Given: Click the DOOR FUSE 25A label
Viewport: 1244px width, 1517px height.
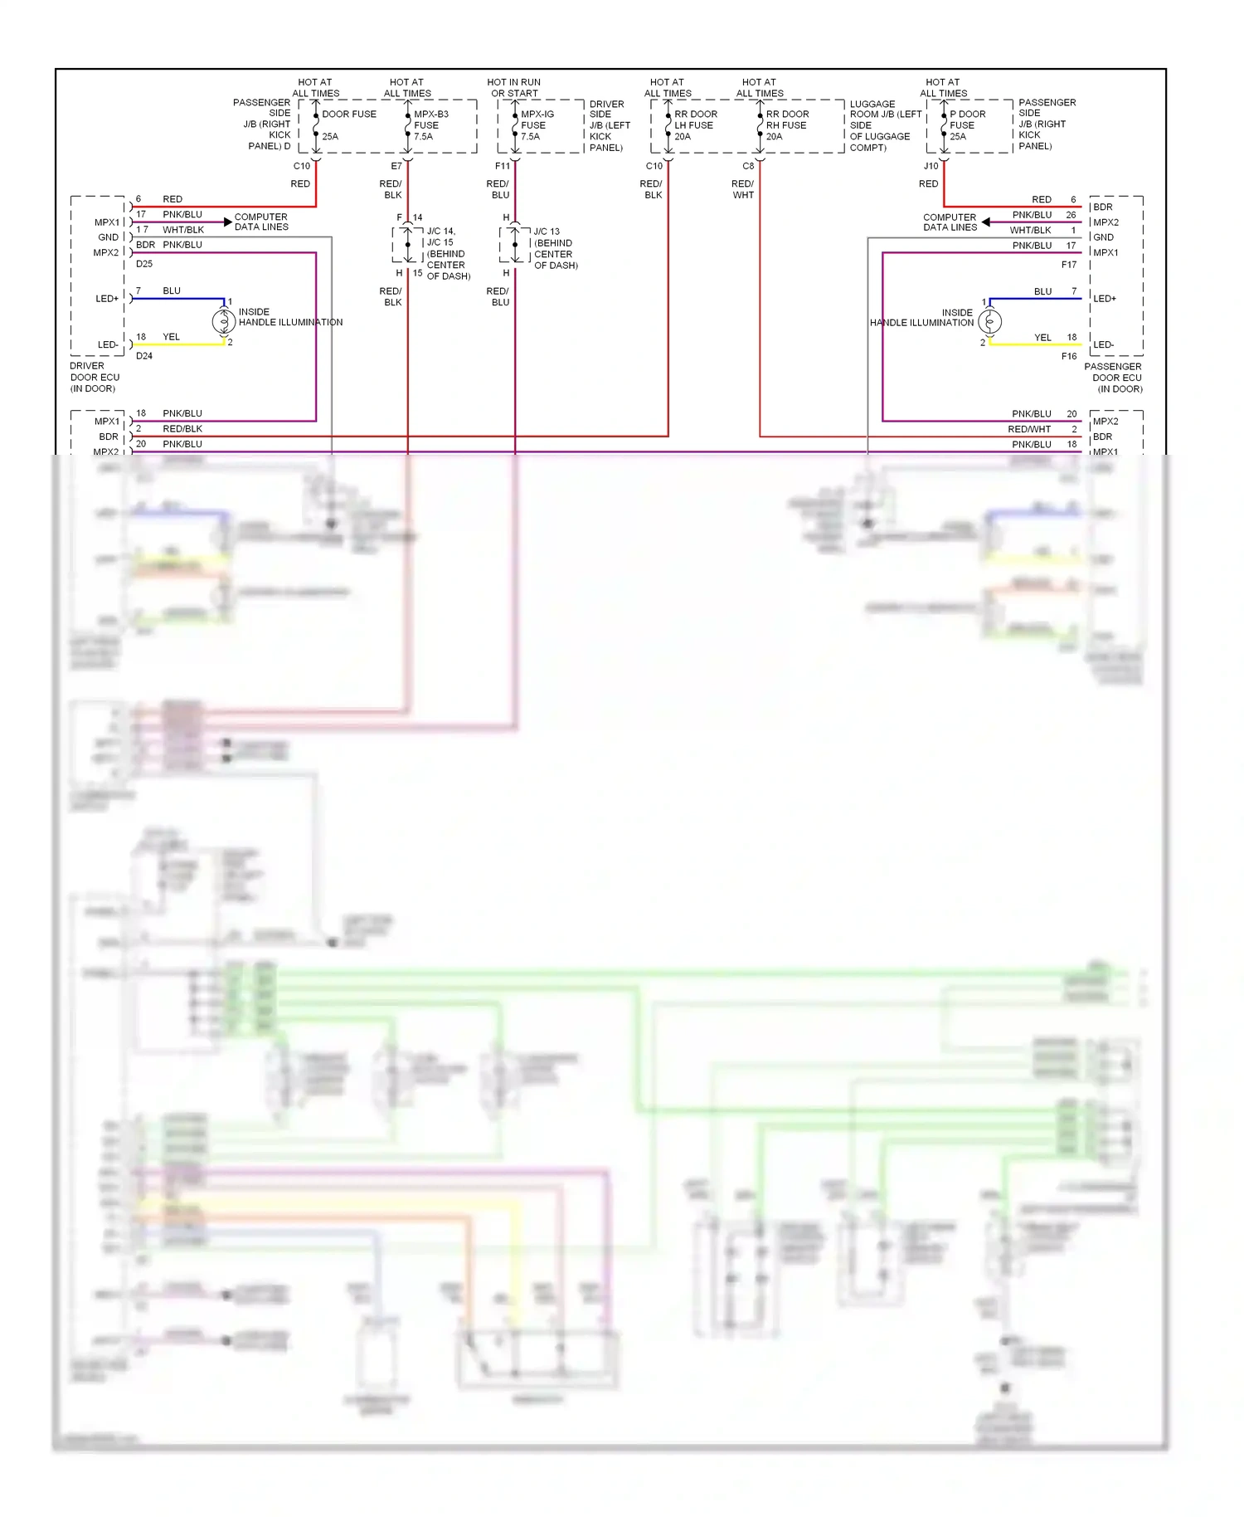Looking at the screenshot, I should (348, 124).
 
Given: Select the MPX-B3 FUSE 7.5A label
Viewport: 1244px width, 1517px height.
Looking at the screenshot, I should (430, 124).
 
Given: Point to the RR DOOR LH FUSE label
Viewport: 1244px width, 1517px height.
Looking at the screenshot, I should (695, 124).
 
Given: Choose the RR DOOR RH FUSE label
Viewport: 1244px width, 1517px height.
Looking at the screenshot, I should (786, 124).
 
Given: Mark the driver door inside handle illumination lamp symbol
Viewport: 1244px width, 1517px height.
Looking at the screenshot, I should (223, 320).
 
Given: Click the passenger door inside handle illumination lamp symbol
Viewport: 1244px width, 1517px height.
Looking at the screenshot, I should (989, 321).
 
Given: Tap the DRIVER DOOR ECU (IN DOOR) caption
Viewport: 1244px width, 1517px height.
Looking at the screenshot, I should (95, 377).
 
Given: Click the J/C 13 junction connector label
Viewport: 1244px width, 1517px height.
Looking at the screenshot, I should (555, 248).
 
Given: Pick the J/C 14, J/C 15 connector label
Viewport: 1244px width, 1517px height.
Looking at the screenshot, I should (448, 253).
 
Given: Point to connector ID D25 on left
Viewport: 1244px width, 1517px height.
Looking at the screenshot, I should (143, 264).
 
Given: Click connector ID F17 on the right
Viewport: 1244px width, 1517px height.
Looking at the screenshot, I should (1069, 265).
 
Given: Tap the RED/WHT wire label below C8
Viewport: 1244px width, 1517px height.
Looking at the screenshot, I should (742, 189).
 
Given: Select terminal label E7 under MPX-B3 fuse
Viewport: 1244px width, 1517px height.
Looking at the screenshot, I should (396, 166).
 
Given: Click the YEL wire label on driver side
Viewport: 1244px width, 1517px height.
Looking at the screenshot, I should (171, 337).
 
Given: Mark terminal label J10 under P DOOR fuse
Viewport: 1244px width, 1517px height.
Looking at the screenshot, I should (931, 166).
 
